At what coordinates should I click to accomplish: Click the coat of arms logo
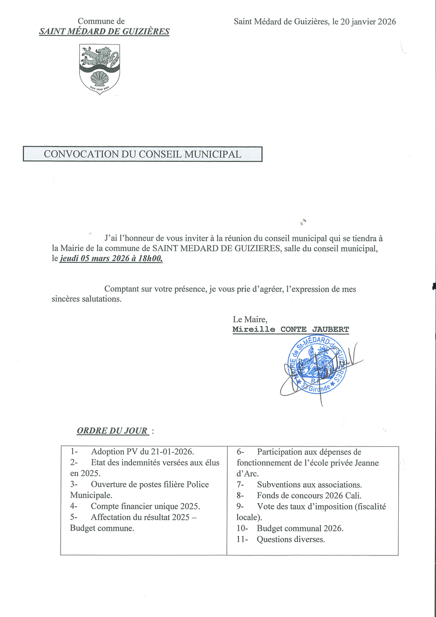tap(99, 69)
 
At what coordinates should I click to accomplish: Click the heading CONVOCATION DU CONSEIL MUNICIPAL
tap(142, 154)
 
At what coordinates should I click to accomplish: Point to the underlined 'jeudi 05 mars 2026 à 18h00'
tap(111, 259)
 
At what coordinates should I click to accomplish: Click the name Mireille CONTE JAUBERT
tap(290, 330)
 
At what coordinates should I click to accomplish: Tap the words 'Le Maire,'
tap(249, 319)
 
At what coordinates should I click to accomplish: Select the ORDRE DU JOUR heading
tap(113, 430)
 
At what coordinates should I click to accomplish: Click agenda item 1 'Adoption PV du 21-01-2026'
tap(142, 452)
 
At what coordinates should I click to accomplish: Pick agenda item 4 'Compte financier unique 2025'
tap(145, 506)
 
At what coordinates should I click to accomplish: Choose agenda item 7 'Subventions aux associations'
tap(309, 484)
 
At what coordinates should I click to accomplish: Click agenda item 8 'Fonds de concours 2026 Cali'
tap(309, 495)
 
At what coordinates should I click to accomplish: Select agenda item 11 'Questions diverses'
tap(291, 539)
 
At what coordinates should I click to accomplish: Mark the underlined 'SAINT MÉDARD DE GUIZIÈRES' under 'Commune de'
tap(104, 32)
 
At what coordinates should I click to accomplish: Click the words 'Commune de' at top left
tap(101, 21)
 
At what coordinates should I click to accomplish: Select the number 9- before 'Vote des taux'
tap(240, 506)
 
